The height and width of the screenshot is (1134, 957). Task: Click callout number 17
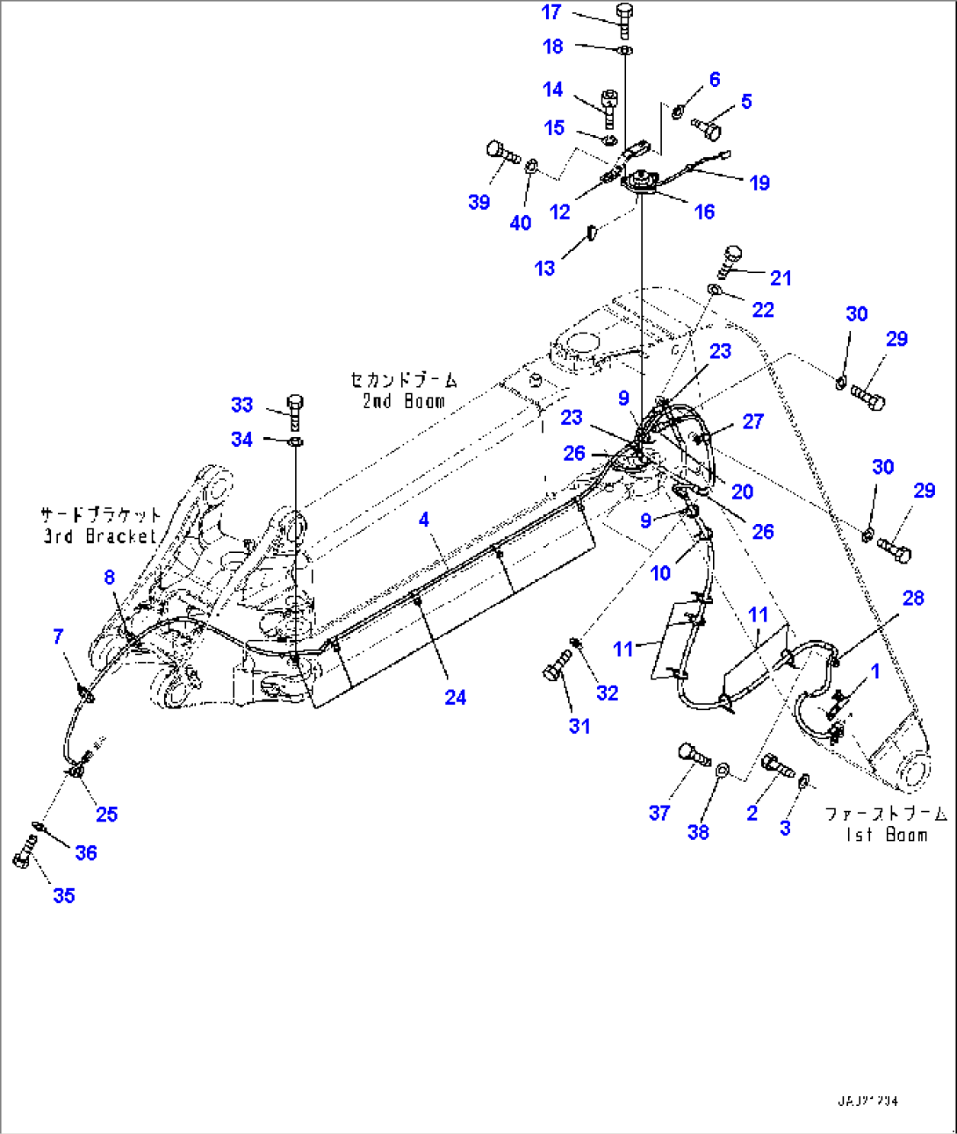(550, 12)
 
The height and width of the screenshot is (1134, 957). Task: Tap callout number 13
(544, 268)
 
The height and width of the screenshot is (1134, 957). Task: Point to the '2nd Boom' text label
(403, 401)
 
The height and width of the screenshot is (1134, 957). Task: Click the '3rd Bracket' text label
(100, 535)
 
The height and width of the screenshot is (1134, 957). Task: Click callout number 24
(455, 697)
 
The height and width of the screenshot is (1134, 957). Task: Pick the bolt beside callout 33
(296, 410)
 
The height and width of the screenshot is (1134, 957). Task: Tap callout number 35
(64, 895)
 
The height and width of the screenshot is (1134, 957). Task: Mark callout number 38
(698, 832)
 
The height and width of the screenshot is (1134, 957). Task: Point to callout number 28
(913, 598)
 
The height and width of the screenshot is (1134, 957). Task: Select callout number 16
(704, 212)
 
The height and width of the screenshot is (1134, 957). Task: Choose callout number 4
(424, 519)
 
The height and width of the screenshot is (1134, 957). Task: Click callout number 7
(58, 636)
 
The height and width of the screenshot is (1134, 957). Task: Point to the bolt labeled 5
(707, 128)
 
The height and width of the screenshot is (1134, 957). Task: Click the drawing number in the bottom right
(867, 1101)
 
